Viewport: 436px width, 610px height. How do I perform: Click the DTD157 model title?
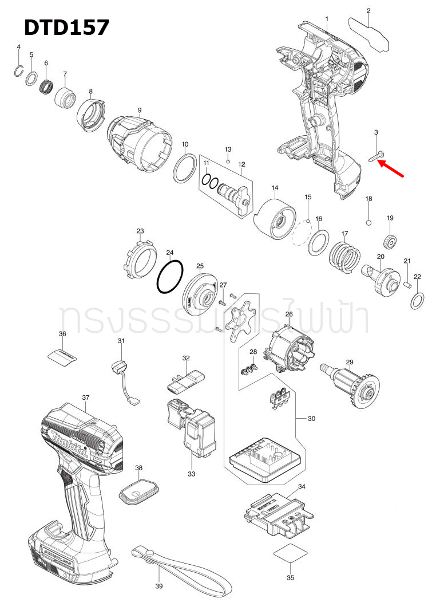(66, 27)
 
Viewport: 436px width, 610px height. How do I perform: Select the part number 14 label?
(275, 188)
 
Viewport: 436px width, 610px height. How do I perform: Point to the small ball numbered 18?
(369, 221)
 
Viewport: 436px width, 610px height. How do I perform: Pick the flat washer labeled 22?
(418, 300)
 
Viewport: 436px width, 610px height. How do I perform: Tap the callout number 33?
(192, 474)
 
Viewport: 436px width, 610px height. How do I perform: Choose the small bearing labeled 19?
(390, 241)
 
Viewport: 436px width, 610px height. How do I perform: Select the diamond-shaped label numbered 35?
(290, 556)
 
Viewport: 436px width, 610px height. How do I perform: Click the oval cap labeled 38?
(137, 492)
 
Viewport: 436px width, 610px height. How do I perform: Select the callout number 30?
(311, 419)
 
